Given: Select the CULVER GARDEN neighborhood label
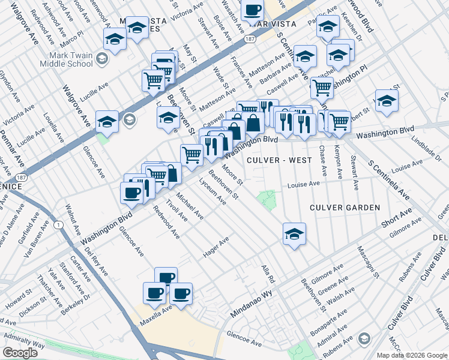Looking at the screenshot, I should coord(345,208).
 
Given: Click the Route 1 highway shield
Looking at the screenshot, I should coord(58,224).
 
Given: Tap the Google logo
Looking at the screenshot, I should coord(20,353).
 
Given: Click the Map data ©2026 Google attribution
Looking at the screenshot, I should coord(411,355).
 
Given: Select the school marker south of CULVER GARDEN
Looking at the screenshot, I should coord(294,234).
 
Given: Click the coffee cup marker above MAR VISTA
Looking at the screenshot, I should coord(253,10).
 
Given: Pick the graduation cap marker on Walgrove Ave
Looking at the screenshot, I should coord(107,122).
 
